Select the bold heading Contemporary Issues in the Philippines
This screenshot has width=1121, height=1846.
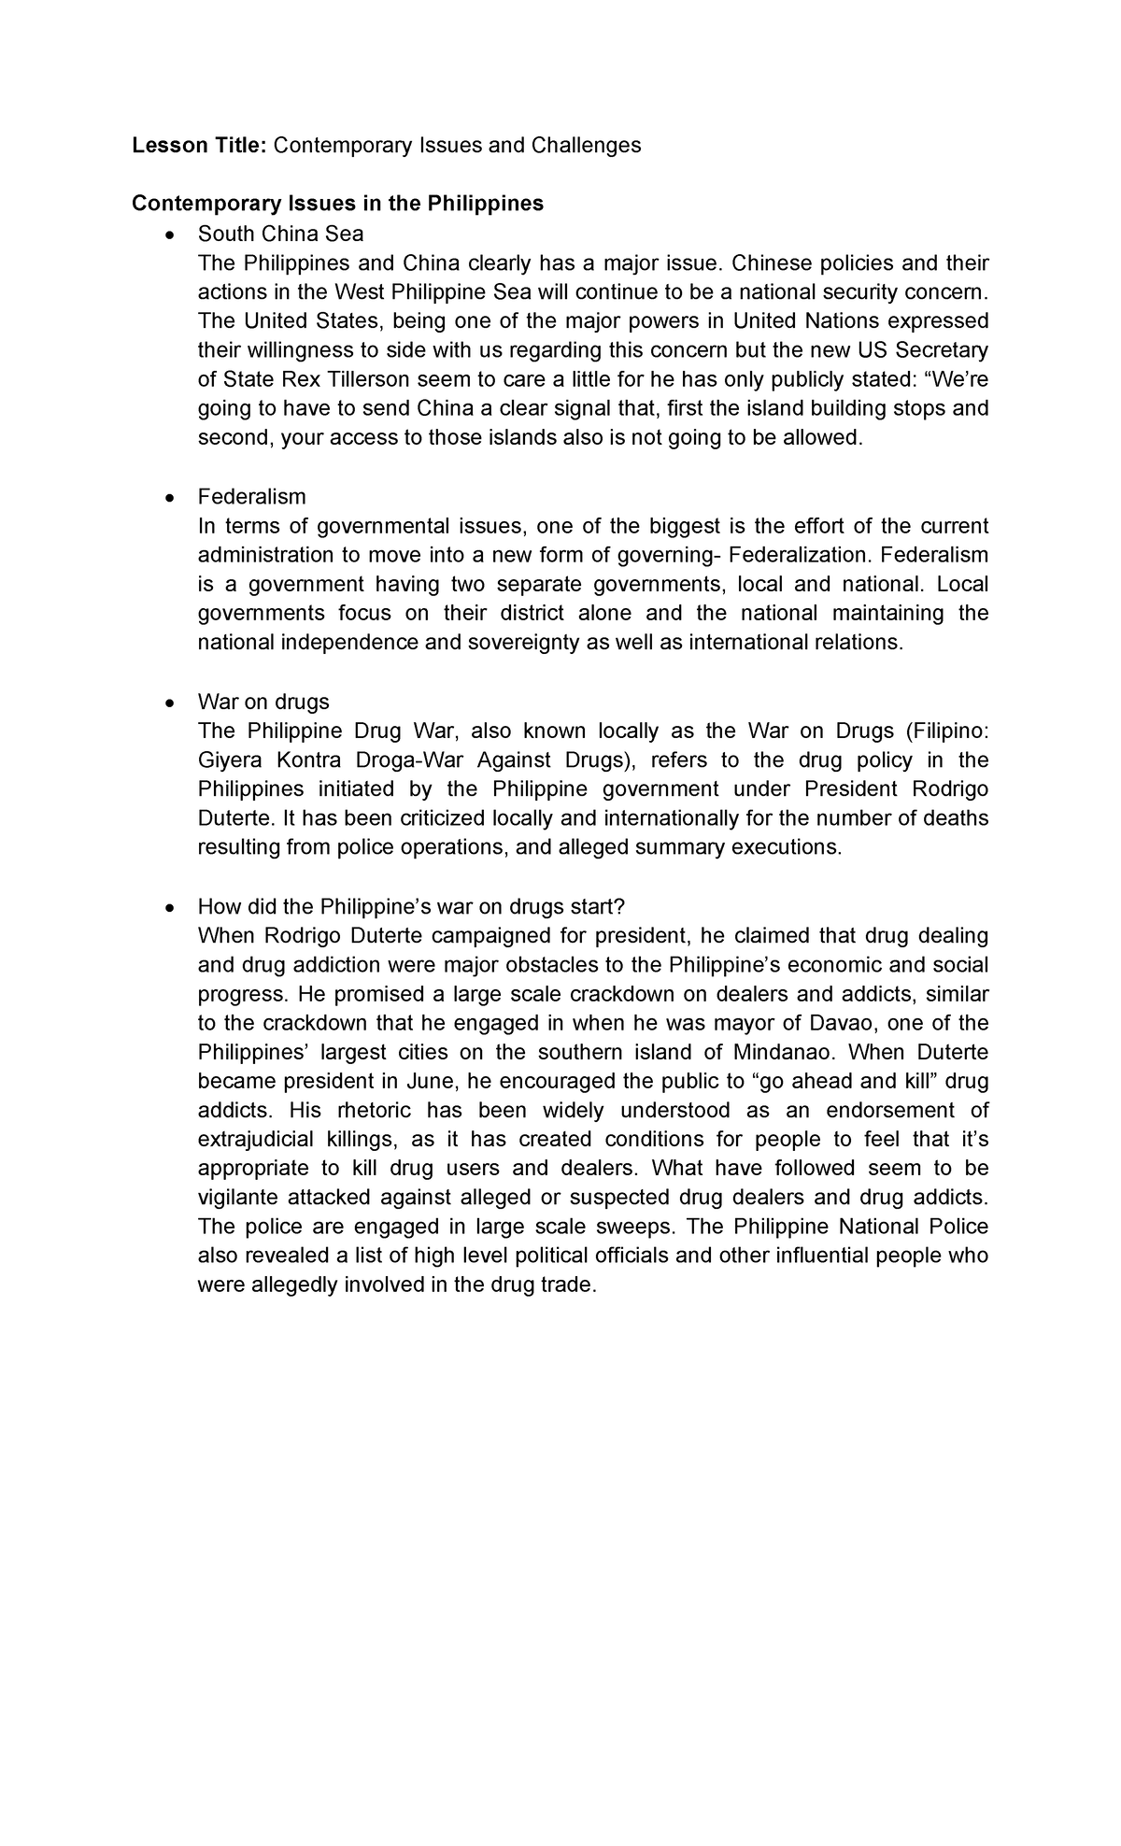[337, 204]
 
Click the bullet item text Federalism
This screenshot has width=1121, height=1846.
[251, 496]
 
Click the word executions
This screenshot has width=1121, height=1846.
[792, 847]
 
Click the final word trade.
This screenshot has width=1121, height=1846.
[569, 1285]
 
